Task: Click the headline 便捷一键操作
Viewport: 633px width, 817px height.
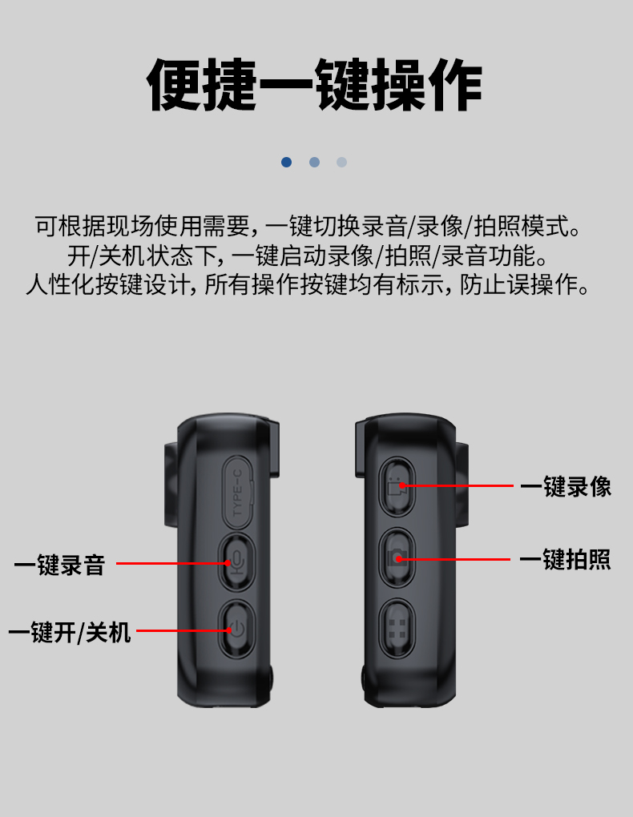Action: pyautogui.click(x=314, y=85)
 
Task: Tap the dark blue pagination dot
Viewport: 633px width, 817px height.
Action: pyautogui.click(x=286, y=162)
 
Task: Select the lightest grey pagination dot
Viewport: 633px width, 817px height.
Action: pyautogui.click(x=341, y=162)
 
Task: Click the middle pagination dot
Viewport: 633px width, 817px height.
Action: pyautogui.click(x=314, y=162)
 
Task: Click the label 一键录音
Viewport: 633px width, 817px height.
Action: pyautogui.click(x=59, y=565)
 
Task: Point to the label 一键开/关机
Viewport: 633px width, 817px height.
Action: pyautogui.click(x=70, y=632)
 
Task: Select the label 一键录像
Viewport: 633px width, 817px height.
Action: pyautogui.click(x=566, y=487)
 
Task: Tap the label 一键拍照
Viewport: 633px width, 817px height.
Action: pyautogui.click(x=565, y=560)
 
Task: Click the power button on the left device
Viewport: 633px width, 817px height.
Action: pyautogui.click(x=237, y=630)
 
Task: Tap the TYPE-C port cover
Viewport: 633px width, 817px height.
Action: pyautogui.click(x=238, y=493)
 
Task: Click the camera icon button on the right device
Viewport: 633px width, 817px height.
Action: pyautogui.click(x=397, y=558)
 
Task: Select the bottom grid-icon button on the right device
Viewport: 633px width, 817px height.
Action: pyautogui.click(x=397, y=629)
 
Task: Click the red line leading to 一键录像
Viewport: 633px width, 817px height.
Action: pyautogui.click(x=457, y=485)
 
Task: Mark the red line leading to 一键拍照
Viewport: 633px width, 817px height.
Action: pyautogui.click(x=453, y=559)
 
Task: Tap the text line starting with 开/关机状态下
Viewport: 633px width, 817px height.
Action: pyautogui.click(x=308, y=256)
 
